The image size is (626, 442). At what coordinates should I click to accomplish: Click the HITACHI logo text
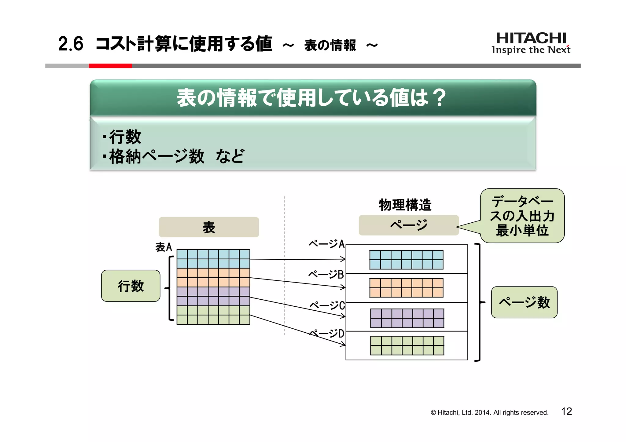531,38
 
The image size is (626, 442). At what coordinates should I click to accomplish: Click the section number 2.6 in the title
71,44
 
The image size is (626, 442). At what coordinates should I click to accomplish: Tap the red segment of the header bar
110,66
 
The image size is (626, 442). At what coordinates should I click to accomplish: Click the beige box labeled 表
209,227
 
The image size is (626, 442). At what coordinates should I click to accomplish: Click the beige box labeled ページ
409,225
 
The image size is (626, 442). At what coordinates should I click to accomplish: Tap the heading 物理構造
405,205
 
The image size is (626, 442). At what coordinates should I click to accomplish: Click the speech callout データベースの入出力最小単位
522,216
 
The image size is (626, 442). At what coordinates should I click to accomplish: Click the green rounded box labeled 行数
131,286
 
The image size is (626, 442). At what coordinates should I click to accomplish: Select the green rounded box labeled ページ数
524,302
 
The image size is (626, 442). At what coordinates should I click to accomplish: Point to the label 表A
164,247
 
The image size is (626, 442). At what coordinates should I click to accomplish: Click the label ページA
326,244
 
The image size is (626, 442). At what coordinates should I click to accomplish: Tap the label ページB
326,274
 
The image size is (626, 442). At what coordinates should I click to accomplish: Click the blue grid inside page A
406,260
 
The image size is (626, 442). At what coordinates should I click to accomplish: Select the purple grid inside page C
407,318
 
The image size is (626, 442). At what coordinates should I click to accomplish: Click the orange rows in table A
213,277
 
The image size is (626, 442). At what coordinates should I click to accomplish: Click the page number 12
566,411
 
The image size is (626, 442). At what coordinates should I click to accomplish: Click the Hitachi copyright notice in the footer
489,412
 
